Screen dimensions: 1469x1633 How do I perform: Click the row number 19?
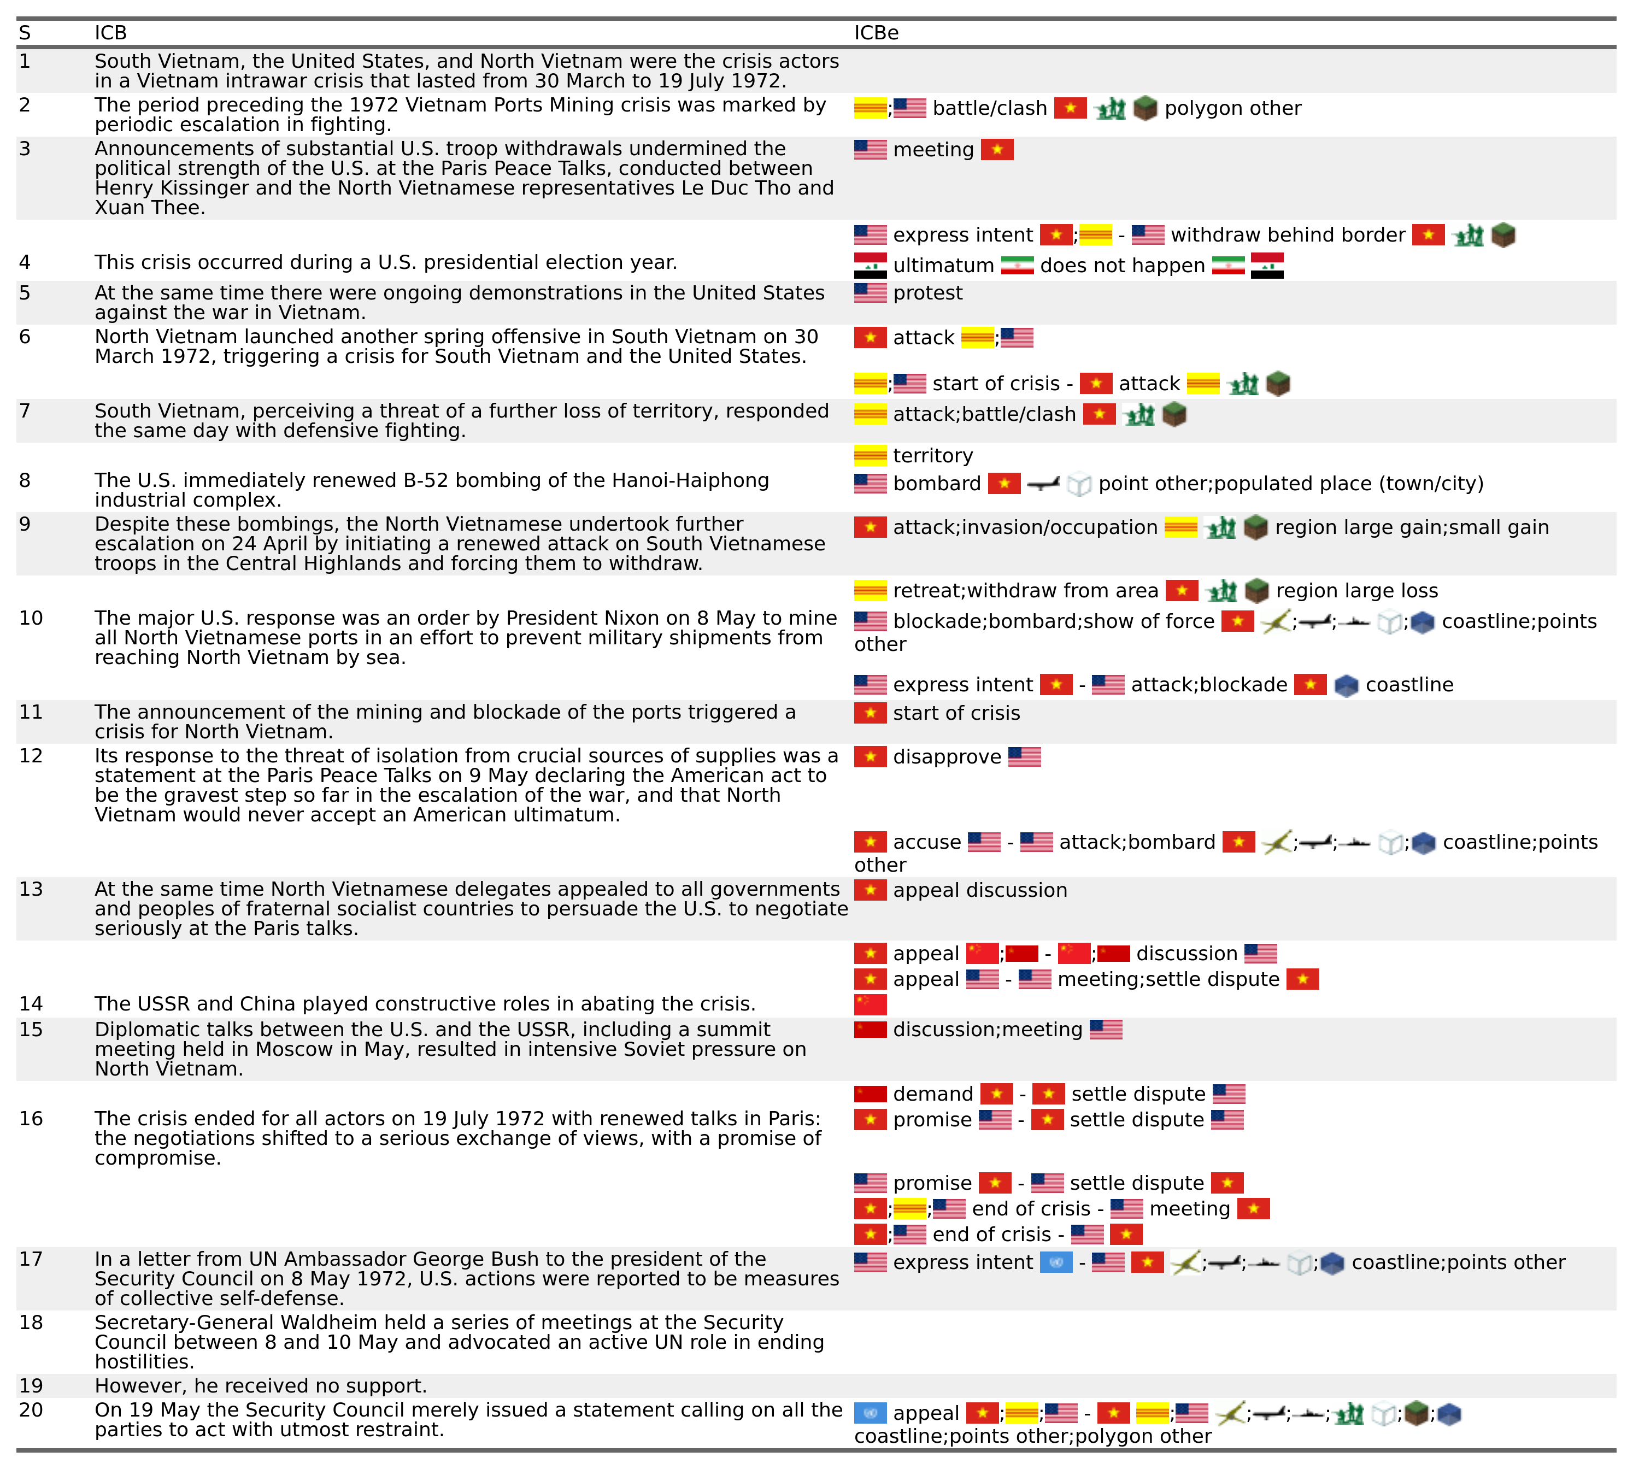click(x=31, y=1386)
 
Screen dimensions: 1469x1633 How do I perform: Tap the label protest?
click(x=927, y=293)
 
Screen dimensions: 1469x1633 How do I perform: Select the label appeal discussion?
click(x=980, y=890)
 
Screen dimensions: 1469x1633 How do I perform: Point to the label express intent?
click(x=962, y=1262)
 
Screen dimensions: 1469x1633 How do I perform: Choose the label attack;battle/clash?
click(x=984, y=415)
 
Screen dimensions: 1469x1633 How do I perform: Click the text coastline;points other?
click(x=1458, y=1262)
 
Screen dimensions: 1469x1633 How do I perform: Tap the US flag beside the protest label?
click(x=870, y=293)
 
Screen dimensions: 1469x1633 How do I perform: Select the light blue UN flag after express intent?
click(x=1056, y=1262)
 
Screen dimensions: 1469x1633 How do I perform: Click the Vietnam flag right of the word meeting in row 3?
click(x=997, y=149)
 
